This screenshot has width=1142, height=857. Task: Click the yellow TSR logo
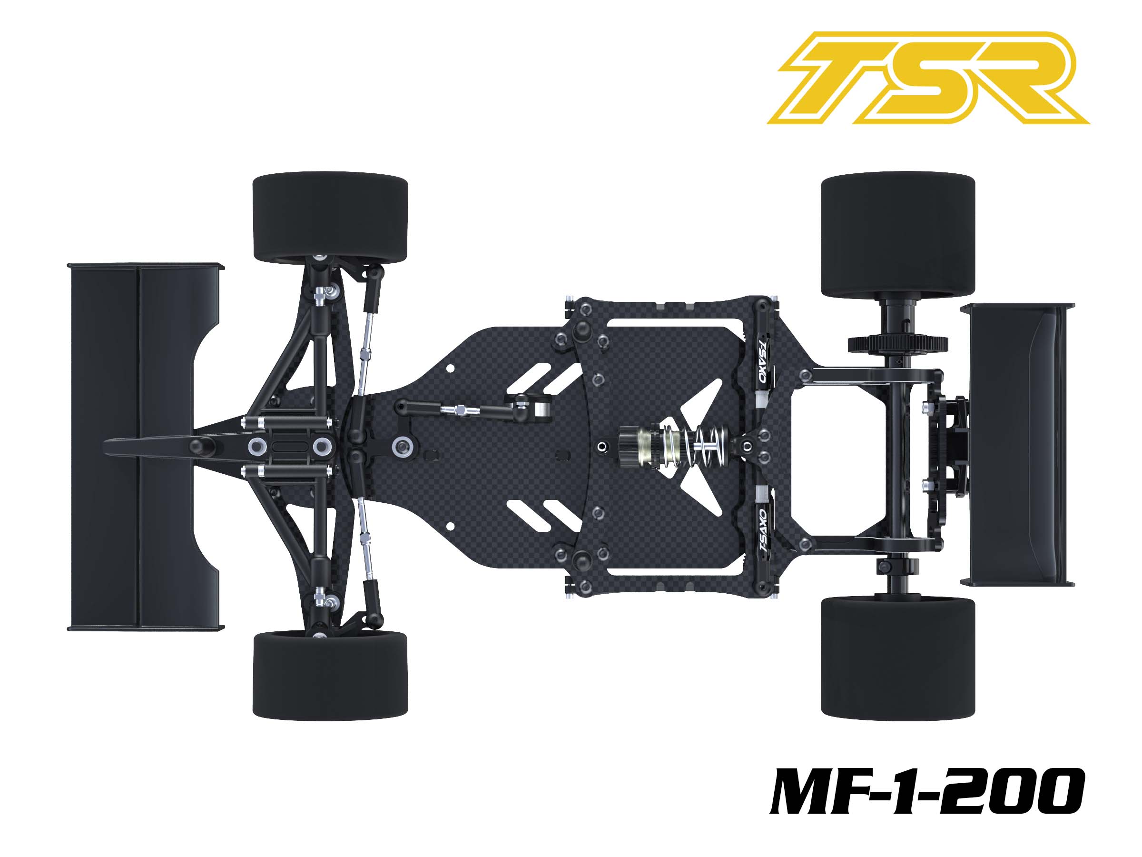click(928, 78)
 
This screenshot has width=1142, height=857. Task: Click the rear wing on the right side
click(1017, 445)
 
